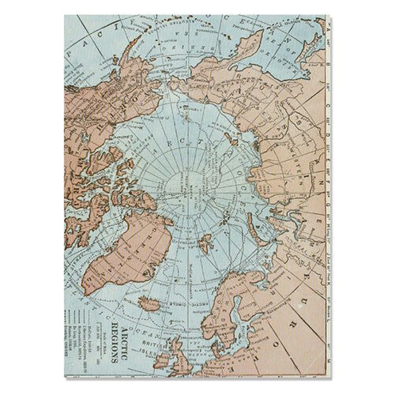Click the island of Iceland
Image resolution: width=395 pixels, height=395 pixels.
click(x=151, y=303)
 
